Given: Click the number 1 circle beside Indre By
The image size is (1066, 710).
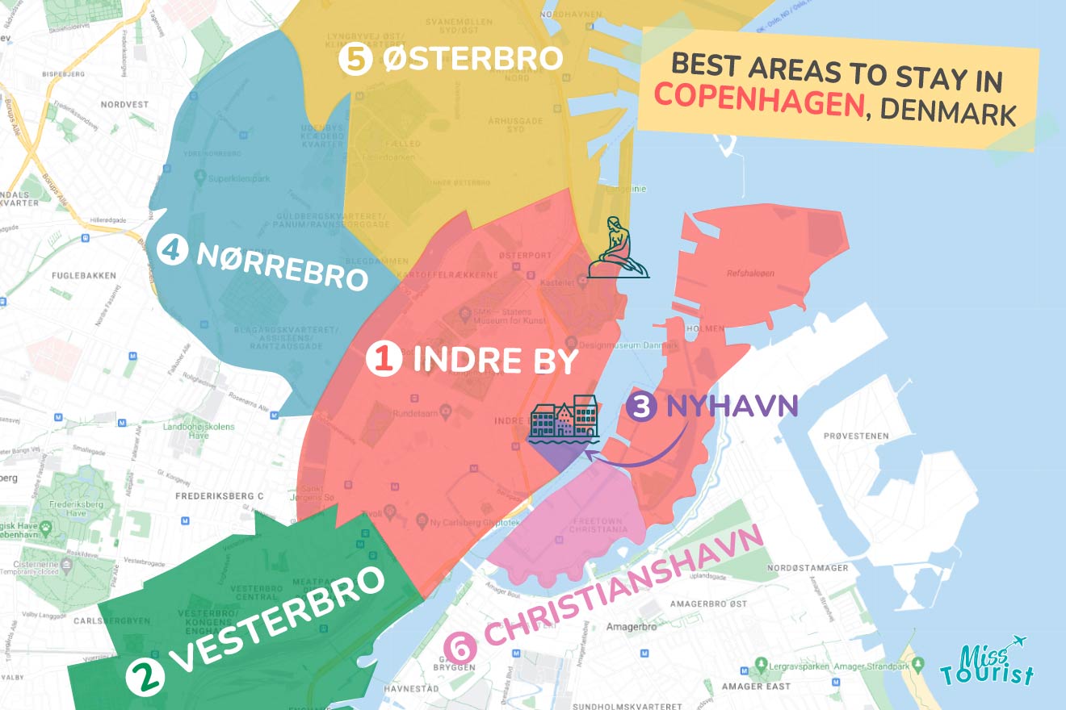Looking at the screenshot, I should [x=384, y=360].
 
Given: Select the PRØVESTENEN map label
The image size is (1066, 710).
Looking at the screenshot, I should [x=856, y=436].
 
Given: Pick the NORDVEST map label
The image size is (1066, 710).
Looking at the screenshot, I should [x=124, y=105].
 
